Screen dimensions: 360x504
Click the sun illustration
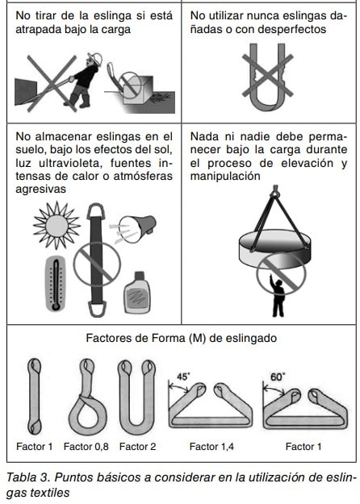[x=57, y=226]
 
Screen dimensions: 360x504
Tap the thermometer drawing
[x=56, y=284]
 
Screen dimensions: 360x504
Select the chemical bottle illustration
[x=137, y=293]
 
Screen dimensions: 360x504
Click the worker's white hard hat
[x=95, y=59]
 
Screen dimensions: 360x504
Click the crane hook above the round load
[x=275, y=191]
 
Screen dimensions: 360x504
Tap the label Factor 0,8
[x=86, y=447]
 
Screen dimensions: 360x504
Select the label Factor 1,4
[x=211, y=447]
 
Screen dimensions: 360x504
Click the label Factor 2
[x=137, y=447]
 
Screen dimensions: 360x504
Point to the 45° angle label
[x=182, y=377]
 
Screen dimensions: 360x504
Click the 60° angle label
[x=278, y=377]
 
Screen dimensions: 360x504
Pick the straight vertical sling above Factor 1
[x=34, y=396]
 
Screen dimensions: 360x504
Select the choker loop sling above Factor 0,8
[x=87, y=398]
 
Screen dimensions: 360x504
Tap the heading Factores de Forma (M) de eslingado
[x=182, y=338]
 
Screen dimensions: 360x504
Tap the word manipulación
[x=225, y=176]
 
